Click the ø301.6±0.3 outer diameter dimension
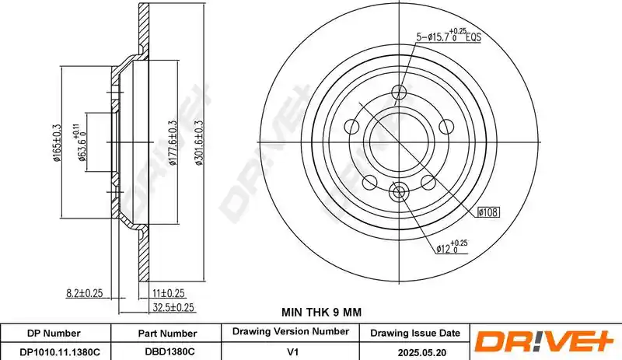pos(199,143)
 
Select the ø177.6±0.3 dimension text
pos(173,143)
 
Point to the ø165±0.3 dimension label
pos(57,143)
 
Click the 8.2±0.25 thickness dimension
pos(84,293)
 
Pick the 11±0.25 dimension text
pos(169,293)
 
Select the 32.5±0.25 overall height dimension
pos(173,307)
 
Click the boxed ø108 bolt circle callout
pos(487,212)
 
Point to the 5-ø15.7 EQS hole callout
pos(449,36)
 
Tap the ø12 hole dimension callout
pos(452,247)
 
